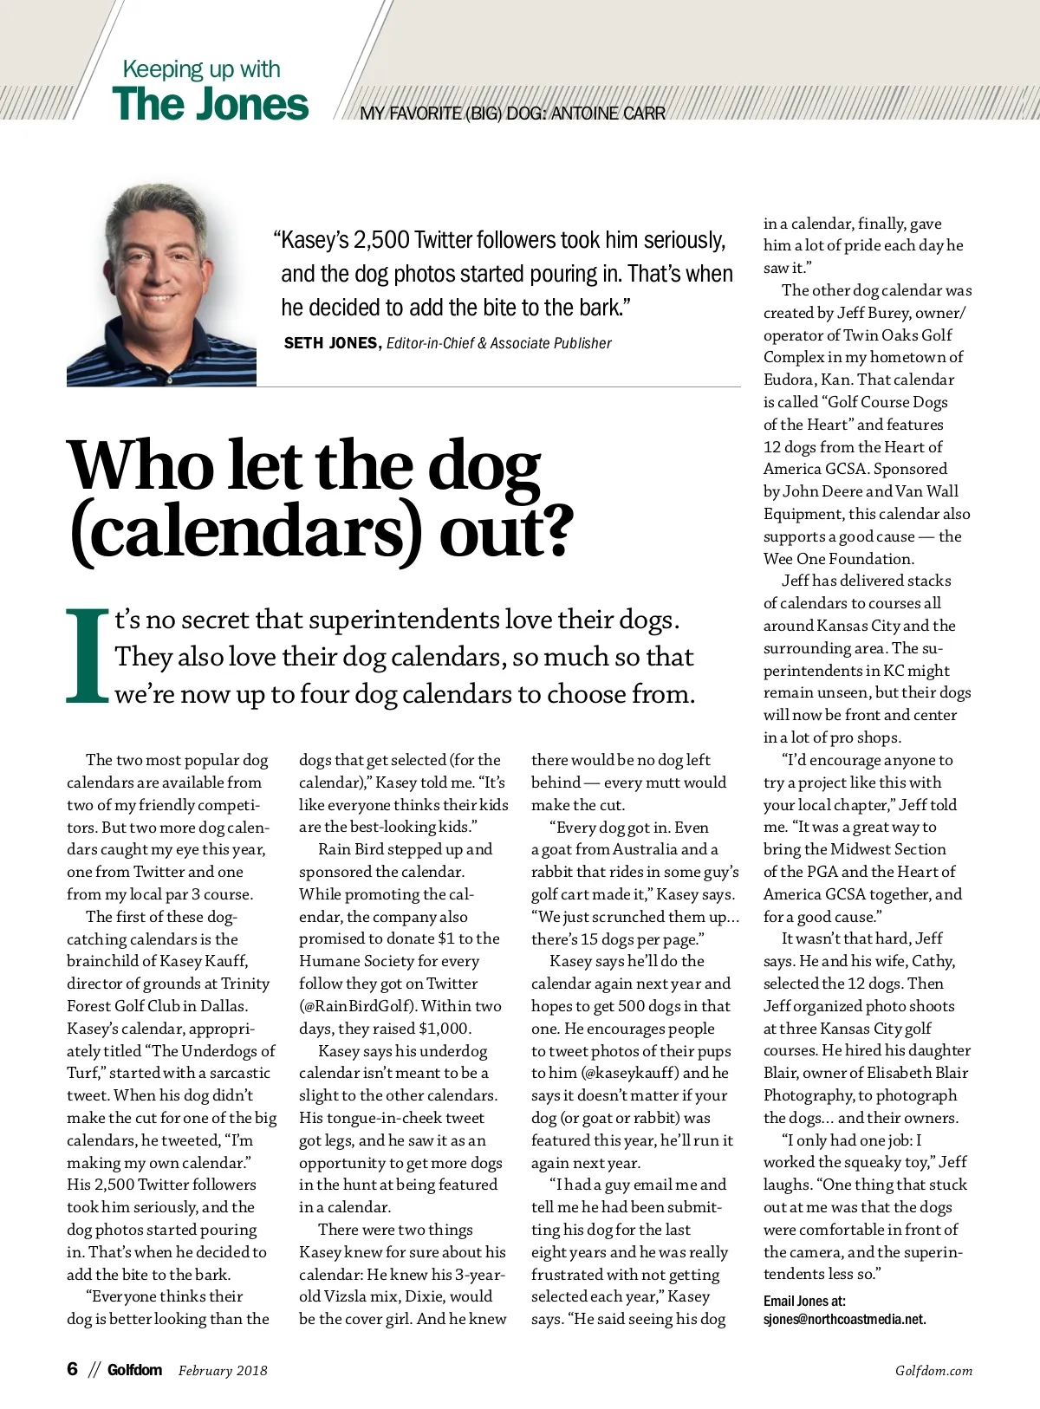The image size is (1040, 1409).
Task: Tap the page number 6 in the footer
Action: (x=73, y=1369)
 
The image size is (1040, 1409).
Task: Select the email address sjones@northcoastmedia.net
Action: (x=844, y=1320)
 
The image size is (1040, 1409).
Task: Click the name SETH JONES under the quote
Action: (x=331, y=343)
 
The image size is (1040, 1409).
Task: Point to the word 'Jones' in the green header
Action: (x=258, y=104)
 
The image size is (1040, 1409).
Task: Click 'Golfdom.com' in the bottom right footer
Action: (x=933, y=1371)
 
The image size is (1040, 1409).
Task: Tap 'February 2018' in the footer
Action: (x=223, y=1371)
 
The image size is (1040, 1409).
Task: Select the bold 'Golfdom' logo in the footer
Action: (x=134, y=1370)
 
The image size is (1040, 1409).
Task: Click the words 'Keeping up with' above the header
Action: (x=201, y=68)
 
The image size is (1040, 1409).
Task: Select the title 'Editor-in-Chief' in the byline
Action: (x=430, y=343)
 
